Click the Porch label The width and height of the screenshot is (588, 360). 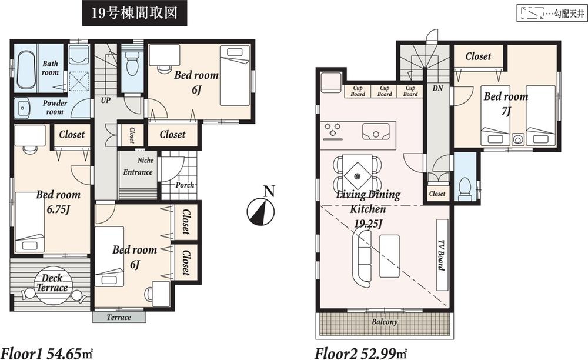(185, 185)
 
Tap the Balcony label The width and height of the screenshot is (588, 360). (384, 322)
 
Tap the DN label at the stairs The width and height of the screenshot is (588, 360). (437, 89)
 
